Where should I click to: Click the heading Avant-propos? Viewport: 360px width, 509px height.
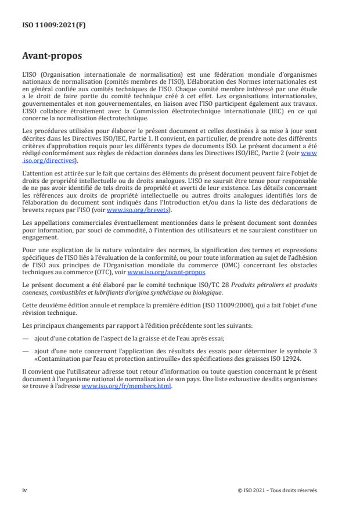click(x=52, y=57)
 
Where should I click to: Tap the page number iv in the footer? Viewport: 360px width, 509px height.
click(x=24, y=490)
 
